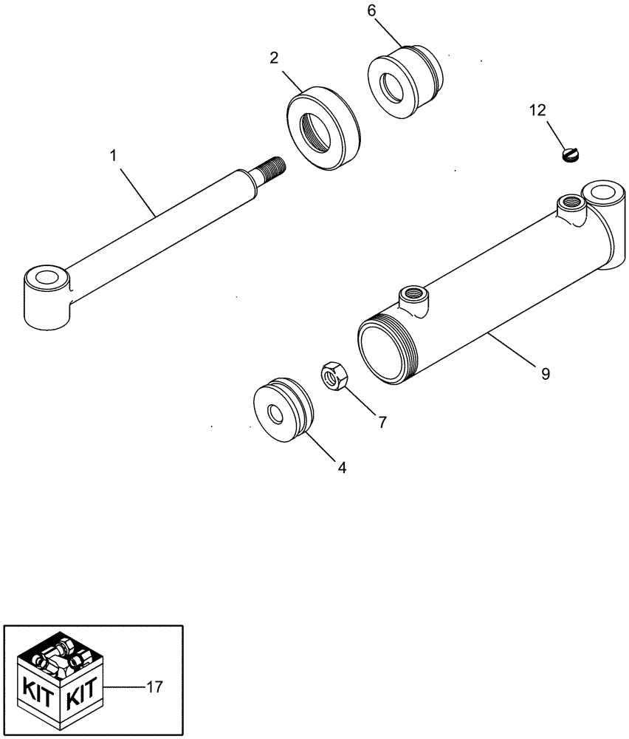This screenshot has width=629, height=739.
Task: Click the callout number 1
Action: click(x=113, y=156)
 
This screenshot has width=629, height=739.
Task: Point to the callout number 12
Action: click(x=537, y=111)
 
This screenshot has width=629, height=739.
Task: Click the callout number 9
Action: click(x=545, y=374)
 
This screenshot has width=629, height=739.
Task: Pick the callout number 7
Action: click(x=382, y=422)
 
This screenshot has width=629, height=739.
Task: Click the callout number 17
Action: click(x=154, y=687)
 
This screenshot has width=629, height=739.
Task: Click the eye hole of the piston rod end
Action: click(x=47, y=281)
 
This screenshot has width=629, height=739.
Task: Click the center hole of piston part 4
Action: click(x=279, y=415)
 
